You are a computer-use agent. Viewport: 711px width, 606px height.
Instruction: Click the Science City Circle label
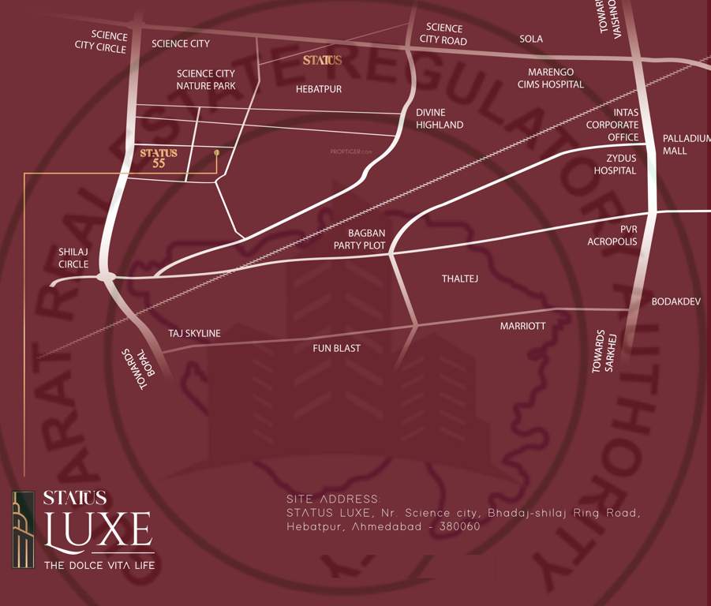(x=101, y=41)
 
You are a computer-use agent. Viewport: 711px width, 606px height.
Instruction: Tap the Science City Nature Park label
(x=205, y=80)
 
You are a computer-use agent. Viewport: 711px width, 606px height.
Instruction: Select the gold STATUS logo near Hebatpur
(x=322, y=60)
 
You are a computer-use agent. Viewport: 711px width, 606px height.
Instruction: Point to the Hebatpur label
(x=319, y=89)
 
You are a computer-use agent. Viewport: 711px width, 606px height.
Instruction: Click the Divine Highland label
(x=440, y=118)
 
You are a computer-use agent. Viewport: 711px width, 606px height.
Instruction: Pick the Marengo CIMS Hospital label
(x=551, y=78)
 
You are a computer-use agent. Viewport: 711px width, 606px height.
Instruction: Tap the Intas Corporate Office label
(x=612, y=125)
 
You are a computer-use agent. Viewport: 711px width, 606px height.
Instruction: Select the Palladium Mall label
(x=686, y=144)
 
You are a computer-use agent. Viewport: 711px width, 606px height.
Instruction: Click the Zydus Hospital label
(x=615, y=164)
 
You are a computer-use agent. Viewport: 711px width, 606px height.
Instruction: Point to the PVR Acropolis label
(x=612, y=235)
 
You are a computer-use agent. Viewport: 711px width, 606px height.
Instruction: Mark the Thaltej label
(x=460, y=279)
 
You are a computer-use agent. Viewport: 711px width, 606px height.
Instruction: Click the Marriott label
(x=522, y=326)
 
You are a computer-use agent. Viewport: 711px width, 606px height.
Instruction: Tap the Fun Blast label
(x=336, y=348)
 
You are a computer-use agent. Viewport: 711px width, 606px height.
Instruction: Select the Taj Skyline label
(x=194, y=334)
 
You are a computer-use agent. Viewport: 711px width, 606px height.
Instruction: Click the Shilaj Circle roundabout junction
(x=107, y=276)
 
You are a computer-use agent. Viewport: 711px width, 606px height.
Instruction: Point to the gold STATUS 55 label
(x=159, y=158)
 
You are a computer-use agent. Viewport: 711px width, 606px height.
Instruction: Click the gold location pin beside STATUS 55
(x=217, y=151)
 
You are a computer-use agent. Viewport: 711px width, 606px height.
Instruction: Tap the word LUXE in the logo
(x=98, y=530)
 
